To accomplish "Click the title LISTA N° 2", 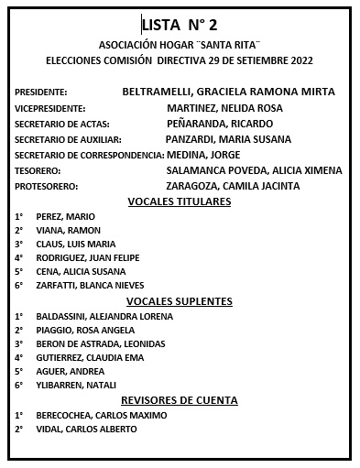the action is pyautogui.click(x=180, y=24).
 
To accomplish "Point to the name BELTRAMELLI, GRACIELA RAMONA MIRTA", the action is pyautogui.click(x=228, y=92).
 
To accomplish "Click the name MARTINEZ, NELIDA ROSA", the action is pyautogui.click(x=225, y=108).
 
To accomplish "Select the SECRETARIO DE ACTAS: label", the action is pyautogui.click(x=61, y=124).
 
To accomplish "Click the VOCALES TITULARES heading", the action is pyautogui.click(x=180, y=201).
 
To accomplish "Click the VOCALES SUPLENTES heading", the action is pyautogui.click(x=180, y=301).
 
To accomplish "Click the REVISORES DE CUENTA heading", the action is pyautogui.click(x=180, y=400).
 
